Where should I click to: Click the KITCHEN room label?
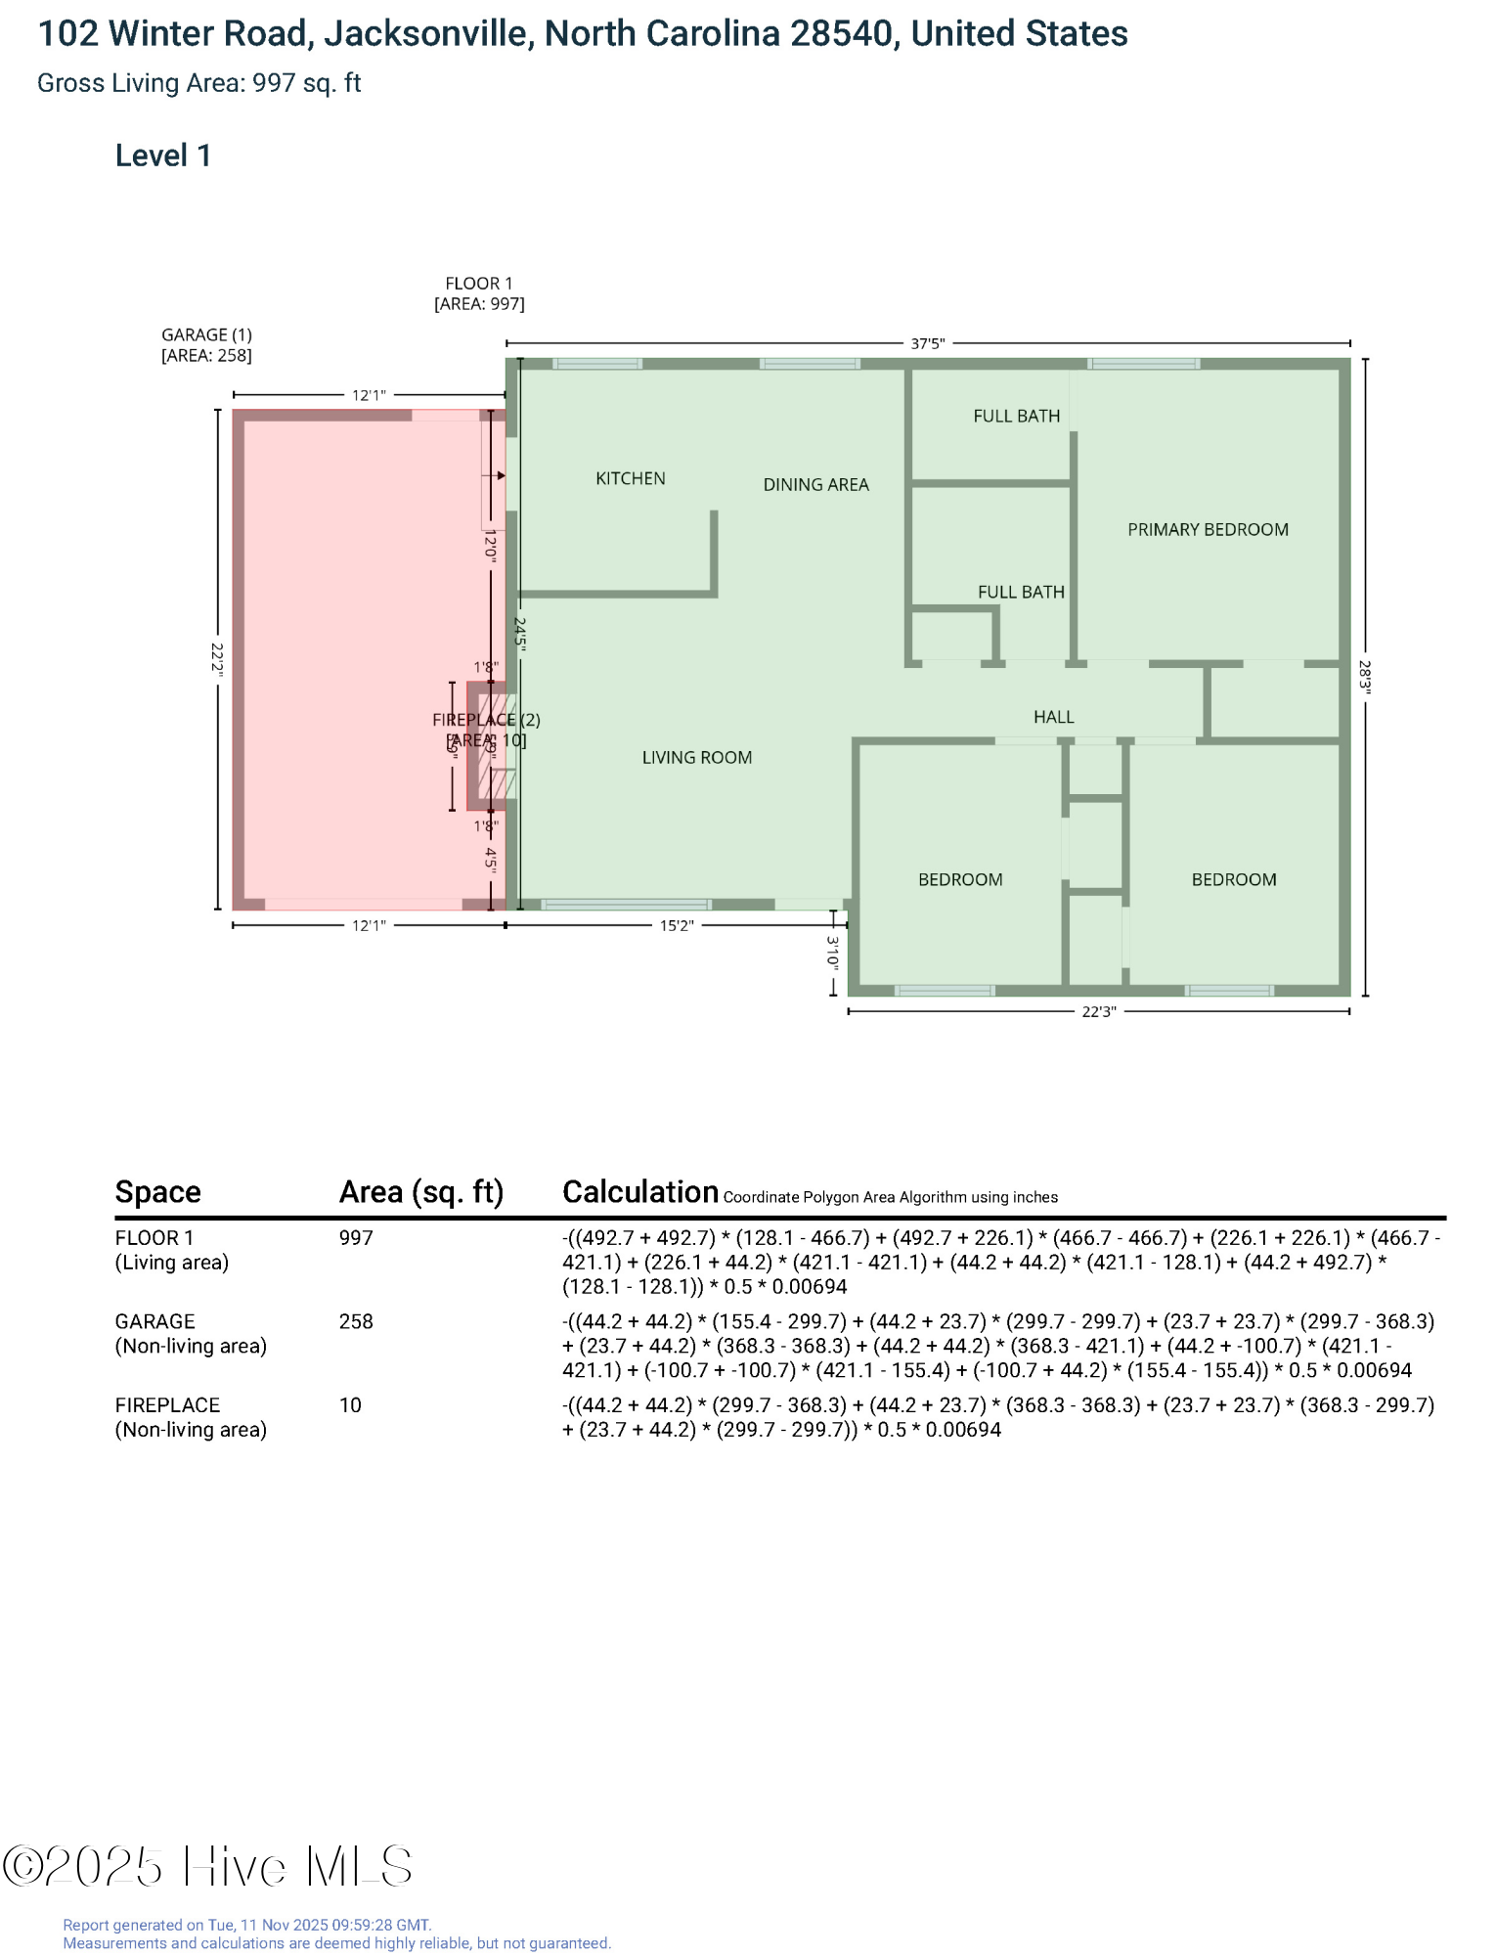[630, 478]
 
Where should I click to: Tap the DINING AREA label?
[815, 484]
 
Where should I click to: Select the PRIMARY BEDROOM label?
[1208, 529]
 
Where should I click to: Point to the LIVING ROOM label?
[696, 757]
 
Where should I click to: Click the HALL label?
[1053, 717]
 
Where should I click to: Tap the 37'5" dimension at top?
[927, 343]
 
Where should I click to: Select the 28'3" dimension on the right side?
[1365, 676]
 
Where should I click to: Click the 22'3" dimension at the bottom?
[1098, 1011]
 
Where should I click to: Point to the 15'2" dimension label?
[676, 925]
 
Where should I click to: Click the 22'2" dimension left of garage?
[217, 659]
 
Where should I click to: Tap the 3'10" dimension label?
[833, 952]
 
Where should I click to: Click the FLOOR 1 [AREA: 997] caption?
[479, 293]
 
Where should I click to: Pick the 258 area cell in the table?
[356, 1321]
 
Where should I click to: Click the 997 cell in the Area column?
[356, 1237]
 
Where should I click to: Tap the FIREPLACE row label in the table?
[167, 1404]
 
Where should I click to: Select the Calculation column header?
[640, 1191]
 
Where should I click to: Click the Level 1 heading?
[162, 156]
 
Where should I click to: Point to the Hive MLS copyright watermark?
[207, 1866]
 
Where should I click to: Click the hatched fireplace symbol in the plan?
[497, 746]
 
